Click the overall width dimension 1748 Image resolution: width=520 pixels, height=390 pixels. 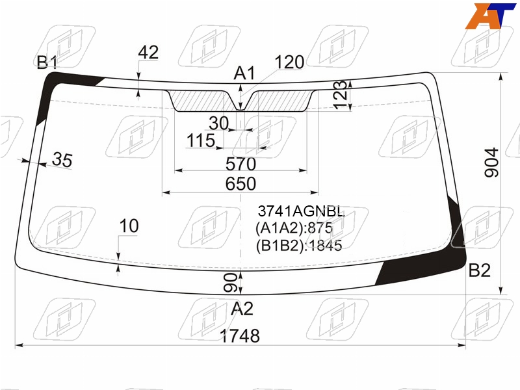coord(240,335)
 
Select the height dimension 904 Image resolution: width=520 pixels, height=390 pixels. coord(492,162)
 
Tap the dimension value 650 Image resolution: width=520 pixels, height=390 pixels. coord(240,184)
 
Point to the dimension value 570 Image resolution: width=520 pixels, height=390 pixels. coord(240,164)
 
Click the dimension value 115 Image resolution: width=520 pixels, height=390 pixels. coord(201,140)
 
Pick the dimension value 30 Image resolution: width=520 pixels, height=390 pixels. coord(219,123)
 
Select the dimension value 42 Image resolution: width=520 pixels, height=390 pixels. coord(148,53)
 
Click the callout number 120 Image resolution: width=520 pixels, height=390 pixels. coord(289,62)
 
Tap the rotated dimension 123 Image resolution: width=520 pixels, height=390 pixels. coord(340,94)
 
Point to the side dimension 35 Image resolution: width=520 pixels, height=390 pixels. coord(62,159)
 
